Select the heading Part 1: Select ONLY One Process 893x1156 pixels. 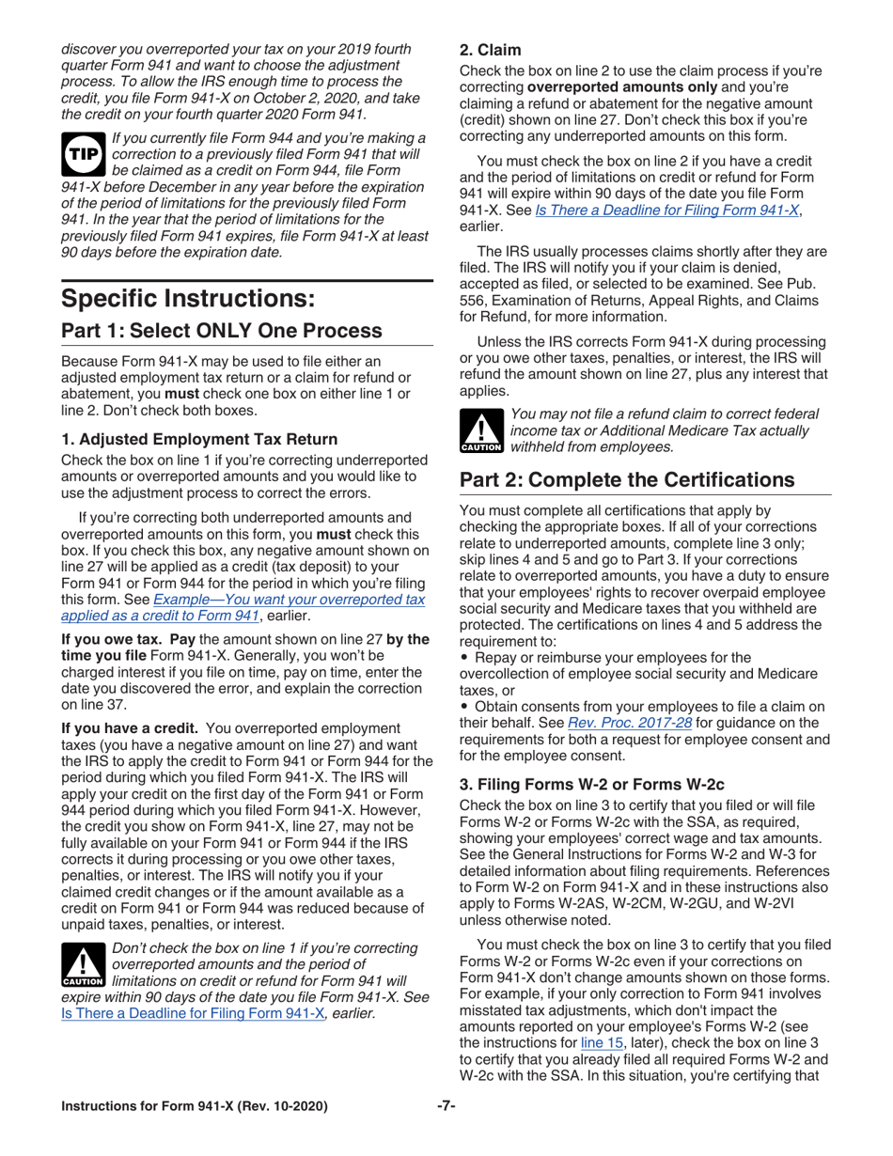[x=222, y=331]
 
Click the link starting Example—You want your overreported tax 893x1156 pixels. [x=290, y=599]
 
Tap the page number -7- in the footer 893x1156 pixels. [x=446, y=1106]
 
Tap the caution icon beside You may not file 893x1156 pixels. [x=481, y=430]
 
